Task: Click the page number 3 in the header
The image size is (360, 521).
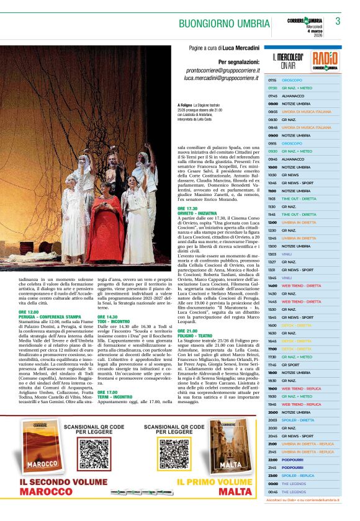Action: (x=338, y=22)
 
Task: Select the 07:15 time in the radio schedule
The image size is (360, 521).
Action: (x=272, y=81)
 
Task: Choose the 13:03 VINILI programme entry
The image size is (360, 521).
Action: (x=287, y=254)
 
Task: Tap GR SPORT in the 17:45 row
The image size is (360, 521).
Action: (x=290, y=365)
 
